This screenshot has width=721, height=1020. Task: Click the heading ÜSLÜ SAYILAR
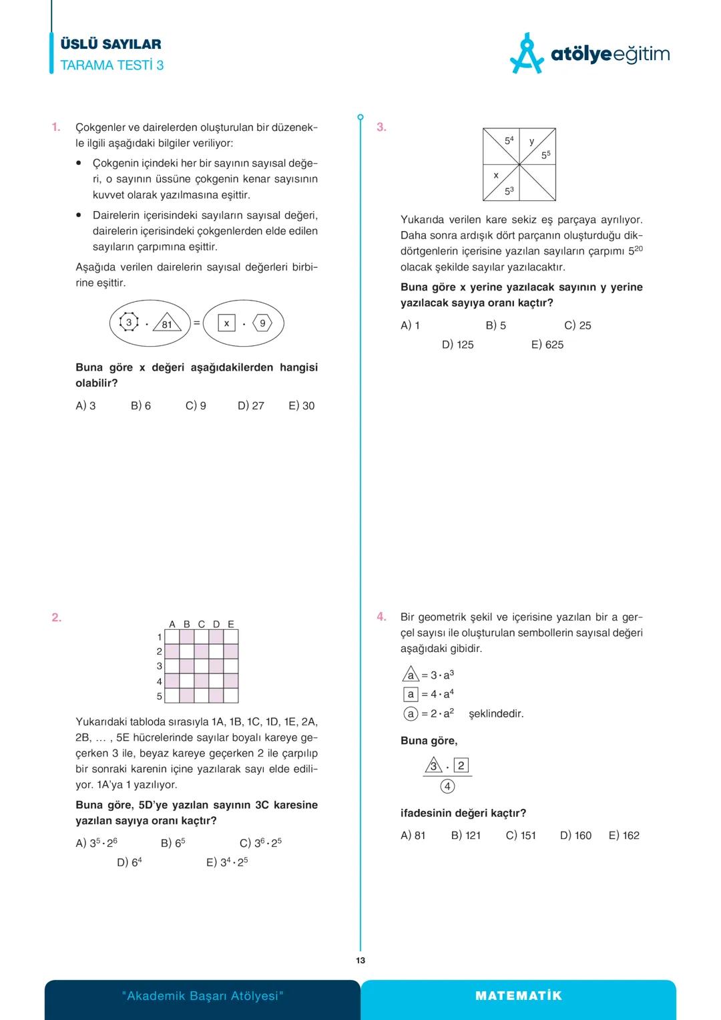pyautogui.click(x=111, y=44)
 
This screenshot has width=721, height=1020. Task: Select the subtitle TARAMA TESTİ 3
pyautogui.click(x=112, y=65)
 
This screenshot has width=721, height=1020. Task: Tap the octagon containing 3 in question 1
pyautogui.click(x=129, y=323)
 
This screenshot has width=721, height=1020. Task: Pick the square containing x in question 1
pyautogui.click(x=227, y=323)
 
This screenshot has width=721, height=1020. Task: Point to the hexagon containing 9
pyautogui.click(x=262, y=323)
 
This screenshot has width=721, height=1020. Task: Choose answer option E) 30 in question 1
pyautogui.click(x=302, y=405)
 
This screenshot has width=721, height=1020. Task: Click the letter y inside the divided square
pyautogui.click(x=532, y=141)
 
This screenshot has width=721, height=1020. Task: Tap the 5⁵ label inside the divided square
pyautogui.click(x=546, y=155)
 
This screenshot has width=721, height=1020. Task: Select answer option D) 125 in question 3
pyautogui.click(x=458, y=345)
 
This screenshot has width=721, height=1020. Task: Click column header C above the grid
pyautogui.click(x=202, y=624)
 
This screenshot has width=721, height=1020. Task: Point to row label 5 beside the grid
pyautogui.click(x=160, y=696)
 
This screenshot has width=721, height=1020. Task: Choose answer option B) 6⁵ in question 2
pyautogui.click(x=173, y=843)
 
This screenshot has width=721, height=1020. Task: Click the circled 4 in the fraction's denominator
pyautogui.click(x=447, y=786)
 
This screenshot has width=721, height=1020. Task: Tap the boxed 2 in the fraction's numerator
pyautogui.click(x=461, y=766)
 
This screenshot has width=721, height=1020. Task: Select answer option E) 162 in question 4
pyautogui.click(x=624, y=835)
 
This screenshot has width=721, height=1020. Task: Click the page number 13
pyautogui.click(x=360, y=961)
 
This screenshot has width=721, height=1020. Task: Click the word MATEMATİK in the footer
pyautogui.click(x=519, y=996)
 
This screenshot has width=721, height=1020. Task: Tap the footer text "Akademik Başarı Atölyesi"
pyautogui.click(x=203, y=996)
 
